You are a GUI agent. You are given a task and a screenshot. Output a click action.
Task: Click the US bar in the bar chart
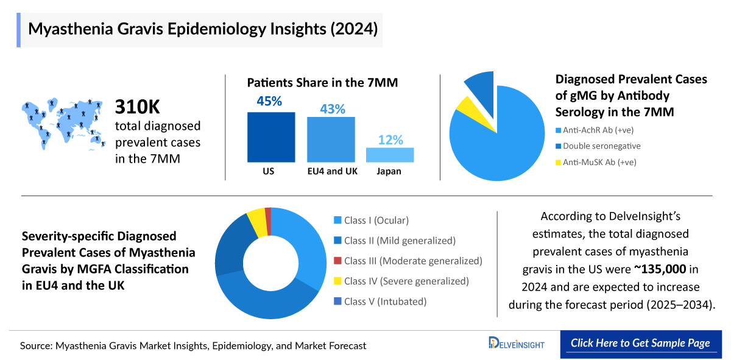(x=270, y=137)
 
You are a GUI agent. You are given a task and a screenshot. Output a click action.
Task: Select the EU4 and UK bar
(x=331, y=139)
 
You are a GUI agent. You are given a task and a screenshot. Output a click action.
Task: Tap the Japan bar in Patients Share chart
(x=389, y=155)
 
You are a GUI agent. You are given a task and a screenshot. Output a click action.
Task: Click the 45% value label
(x=269, y=101)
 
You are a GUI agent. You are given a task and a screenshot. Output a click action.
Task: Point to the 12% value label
(x=390, y=139)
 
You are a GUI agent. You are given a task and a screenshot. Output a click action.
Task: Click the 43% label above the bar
(x=333, y=109)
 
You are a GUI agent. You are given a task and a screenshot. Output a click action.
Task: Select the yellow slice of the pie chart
(x=468, y=106)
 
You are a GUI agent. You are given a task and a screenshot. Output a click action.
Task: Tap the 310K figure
(x=138, y=107)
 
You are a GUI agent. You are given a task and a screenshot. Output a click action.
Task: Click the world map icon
(x=61, y=122)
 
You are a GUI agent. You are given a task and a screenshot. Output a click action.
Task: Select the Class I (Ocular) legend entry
(x=371, y=221)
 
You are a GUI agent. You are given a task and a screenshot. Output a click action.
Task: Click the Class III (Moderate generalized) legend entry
(x=408, y=261)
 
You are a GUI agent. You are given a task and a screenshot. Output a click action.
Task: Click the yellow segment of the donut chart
(x=256, y=221)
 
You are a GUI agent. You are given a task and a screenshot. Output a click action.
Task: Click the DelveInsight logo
(x=517, y=344)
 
